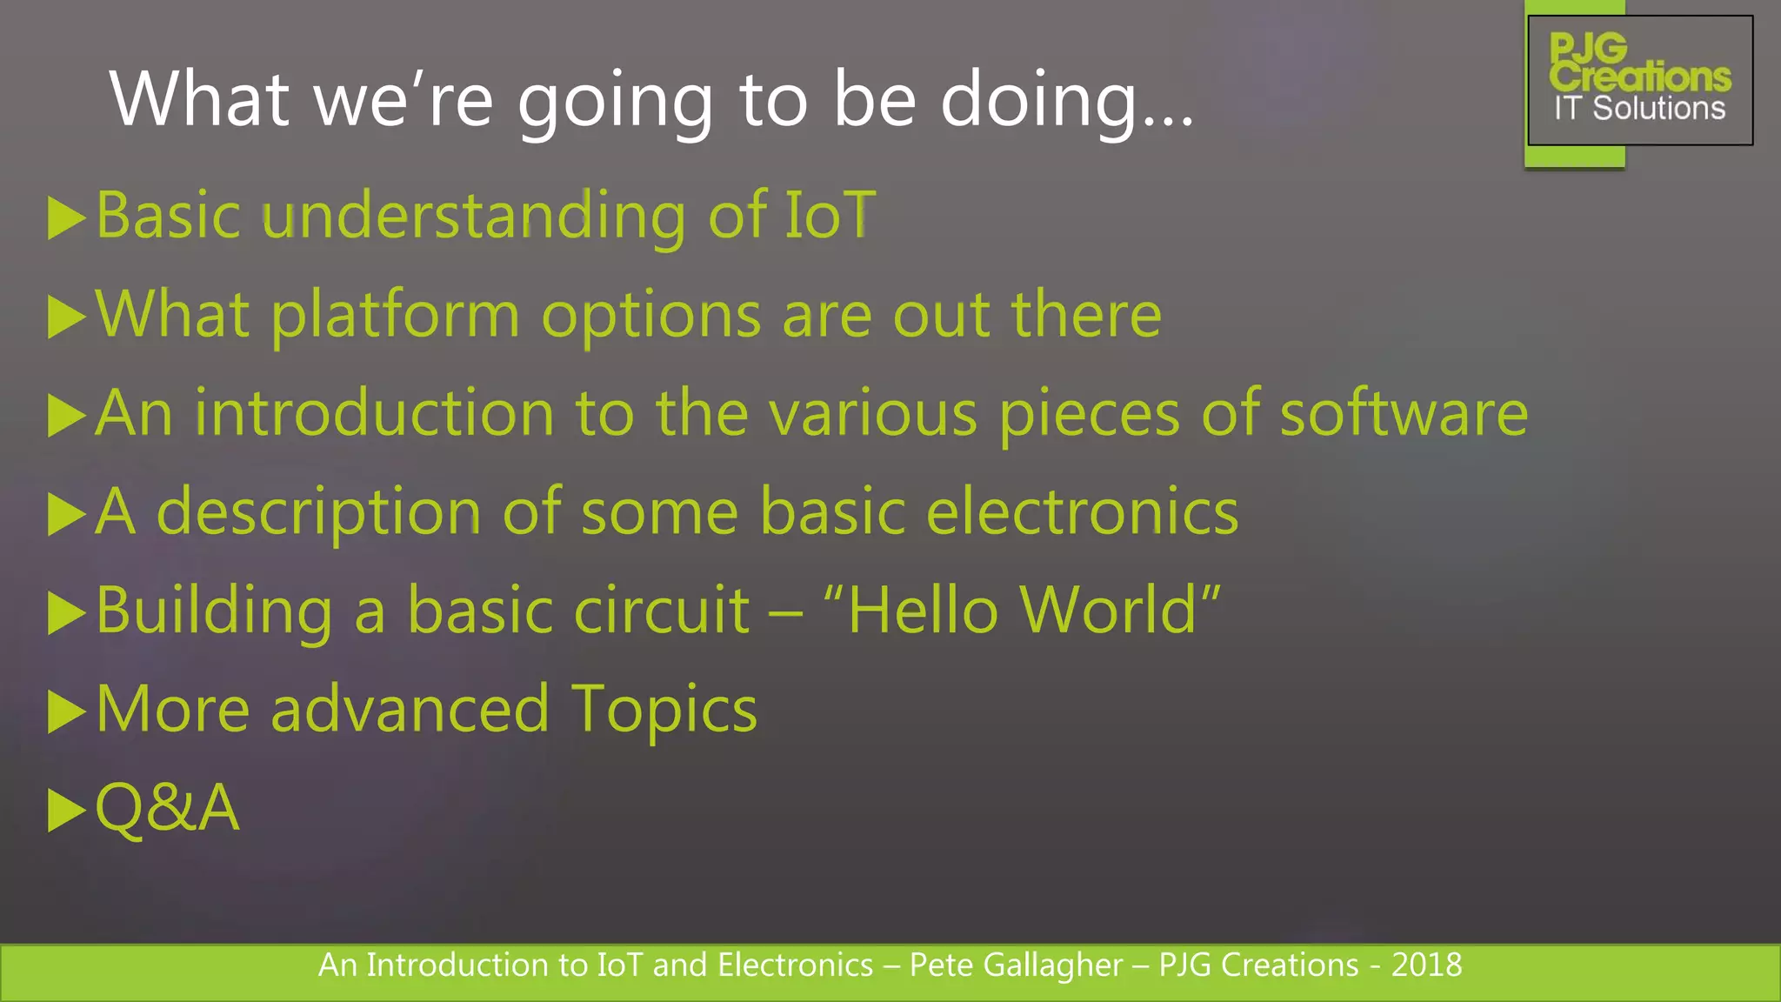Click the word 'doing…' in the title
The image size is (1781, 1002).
1067,100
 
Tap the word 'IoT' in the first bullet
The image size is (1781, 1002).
830,215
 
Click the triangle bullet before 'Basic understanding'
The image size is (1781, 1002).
66,217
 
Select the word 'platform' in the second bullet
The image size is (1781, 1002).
395,315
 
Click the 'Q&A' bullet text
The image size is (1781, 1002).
167,808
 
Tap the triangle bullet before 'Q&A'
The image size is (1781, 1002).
66,810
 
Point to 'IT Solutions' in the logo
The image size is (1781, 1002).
1639,109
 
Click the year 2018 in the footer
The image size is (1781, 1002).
1426,965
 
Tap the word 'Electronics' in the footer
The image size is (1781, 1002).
795,965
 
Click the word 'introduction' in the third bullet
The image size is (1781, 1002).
374,413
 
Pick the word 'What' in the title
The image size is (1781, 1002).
199,100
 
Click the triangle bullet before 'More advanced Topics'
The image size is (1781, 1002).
66,711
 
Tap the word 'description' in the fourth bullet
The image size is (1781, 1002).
318,513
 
